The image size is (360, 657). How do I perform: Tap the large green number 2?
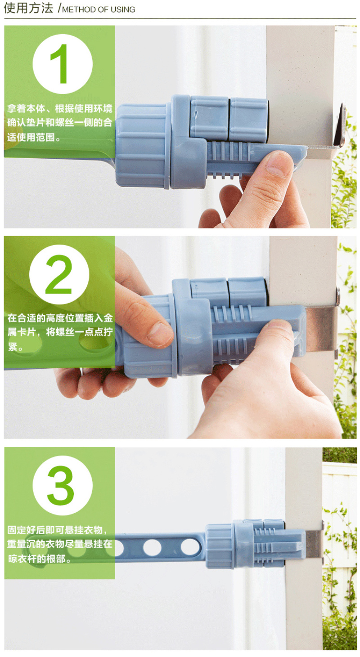[58, 274]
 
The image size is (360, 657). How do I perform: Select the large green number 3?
[60, 485]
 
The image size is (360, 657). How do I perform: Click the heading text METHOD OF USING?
[99, 10]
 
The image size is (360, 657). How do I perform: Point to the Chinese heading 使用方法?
[28, 8]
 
